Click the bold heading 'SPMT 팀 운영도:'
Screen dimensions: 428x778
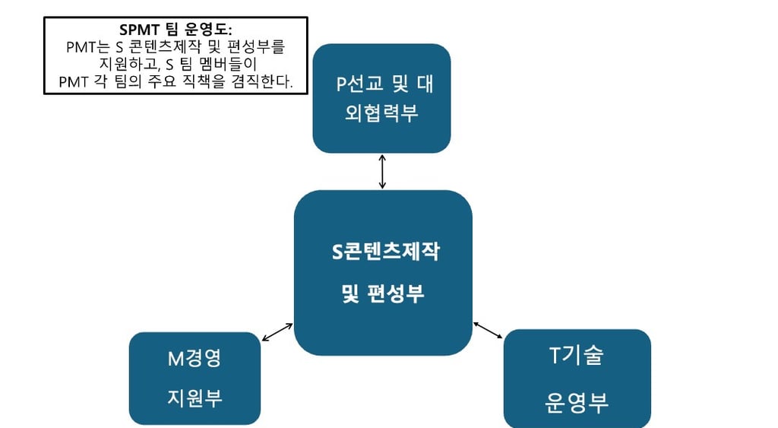(x=176, y=30)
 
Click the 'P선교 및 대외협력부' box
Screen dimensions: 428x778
(x=381, y=98)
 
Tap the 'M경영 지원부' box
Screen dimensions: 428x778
(x=194, y=378)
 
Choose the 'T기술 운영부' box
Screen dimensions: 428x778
(x=577, y=378)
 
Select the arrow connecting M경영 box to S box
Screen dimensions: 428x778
(x=277, y=332)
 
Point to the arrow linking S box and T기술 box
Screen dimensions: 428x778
(x=488, y=329)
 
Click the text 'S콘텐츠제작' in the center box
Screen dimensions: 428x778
(x=386, y=252)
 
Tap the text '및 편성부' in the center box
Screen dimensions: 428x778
(x=383, y=294)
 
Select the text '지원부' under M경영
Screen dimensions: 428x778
(x=194, y=398)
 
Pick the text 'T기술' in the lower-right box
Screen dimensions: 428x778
(x=577, y=354)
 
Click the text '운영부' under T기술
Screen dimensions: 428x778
(x=577, y=402)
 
